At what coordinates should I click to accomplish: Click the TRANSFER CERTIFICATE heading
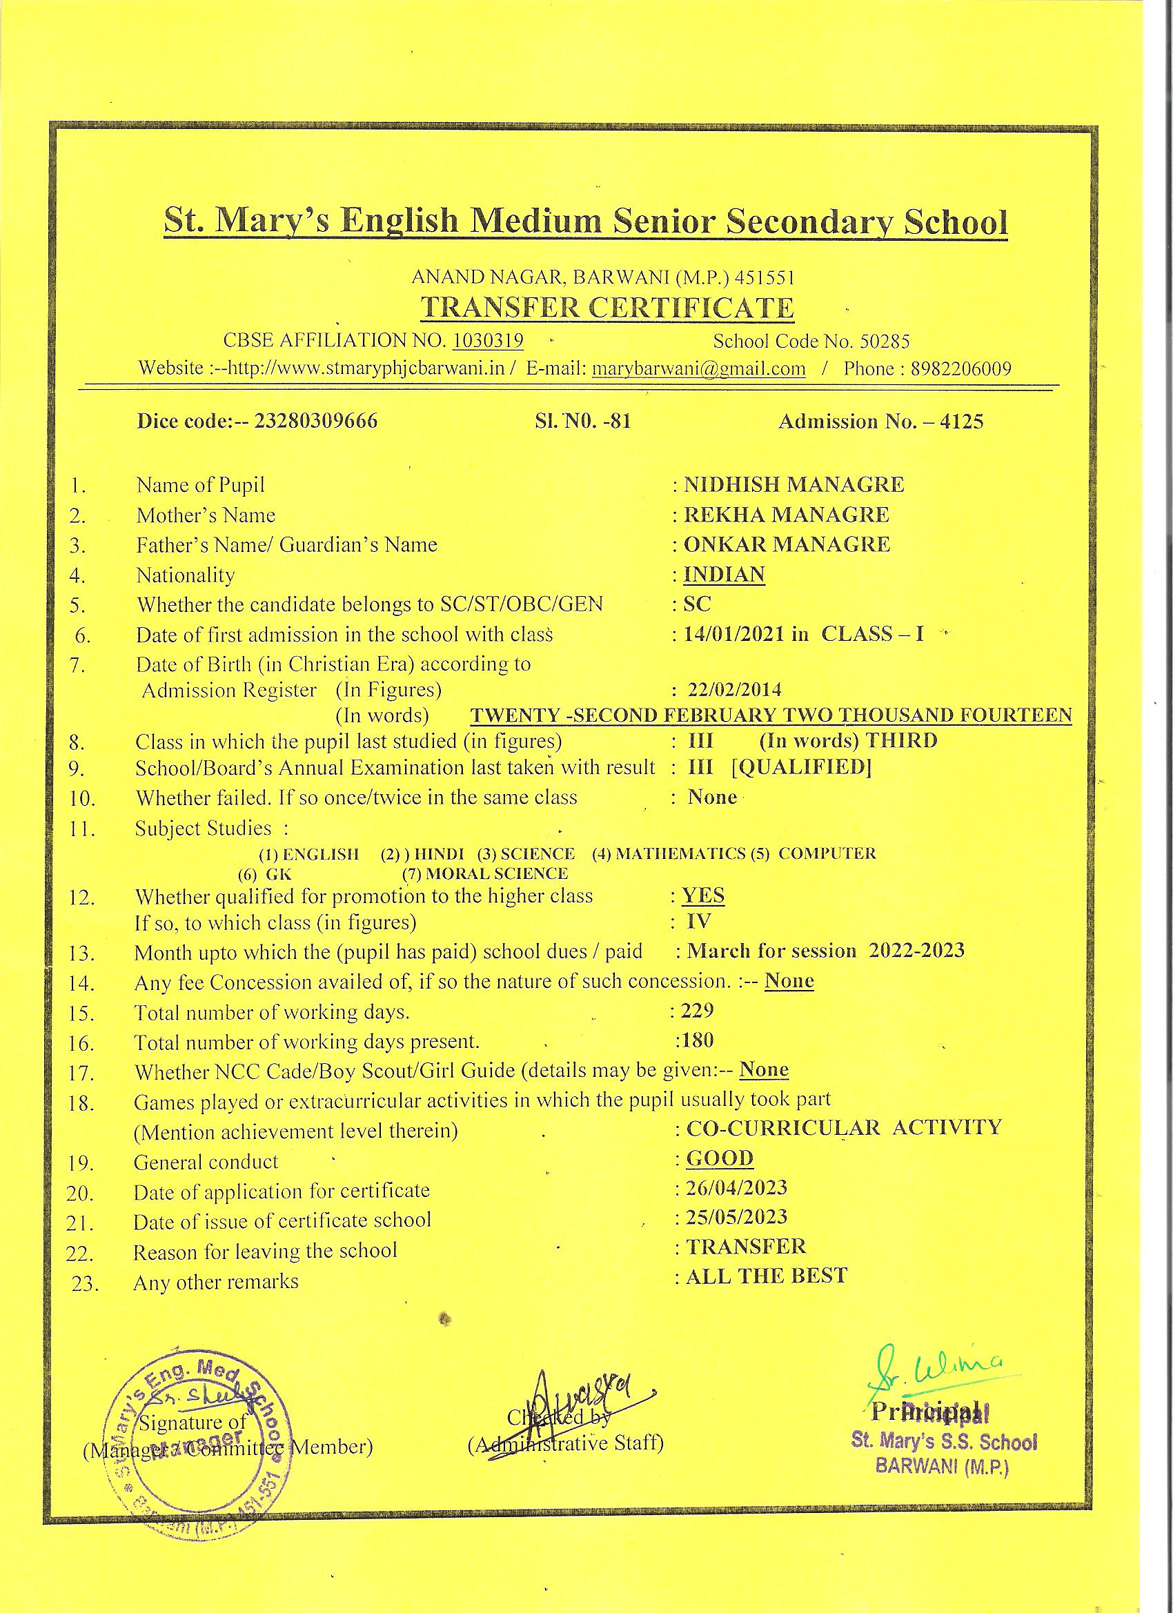(607, 308)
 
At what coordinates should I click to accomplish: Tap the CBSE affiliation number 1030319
(488, 341)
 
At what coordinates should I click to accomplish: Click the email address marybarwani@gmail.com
(698, 369)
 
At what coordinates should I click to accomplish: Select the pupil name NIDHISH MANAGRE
(794, 485)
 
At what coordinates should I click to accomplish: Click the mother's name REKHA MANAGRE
(786, 515)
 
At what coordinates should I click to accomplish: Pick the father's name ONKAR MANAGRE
(787, 545)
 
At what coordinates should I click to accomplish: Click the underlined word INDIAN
(724, 574)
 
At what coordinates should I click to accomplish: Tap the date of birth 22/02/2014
(735, 689)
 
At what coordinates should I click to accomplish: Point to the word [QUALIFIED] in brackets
(801, 767)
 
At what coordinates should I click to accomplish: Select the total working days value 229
(697, 1011)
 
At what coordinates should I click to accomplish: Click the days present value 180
(696, 1041)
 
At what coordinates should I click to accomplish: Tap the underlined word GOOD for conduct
(719, 1158)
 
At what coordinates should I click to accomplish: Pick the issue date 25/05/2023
(736, 1217)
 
